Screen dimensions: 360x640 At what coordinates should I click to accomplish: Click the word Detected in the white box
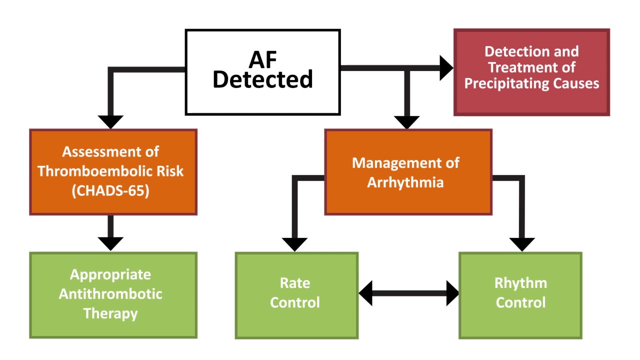(x=262, y=79)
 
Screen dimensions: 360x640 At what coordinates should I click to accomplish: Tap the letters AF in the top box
(x=262, y=59)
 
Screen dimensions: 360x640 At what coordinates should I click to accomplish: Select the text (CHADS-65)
(x=110, y=191)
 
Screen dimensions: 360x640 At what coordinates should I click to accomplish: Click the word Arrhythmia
(x=405, y=182)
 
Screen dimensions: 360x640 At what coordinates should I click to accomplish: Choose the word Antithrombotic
(x=110, y=293)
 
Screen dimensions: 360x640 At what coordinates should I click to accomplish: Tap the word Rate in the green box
(x=295, y=283)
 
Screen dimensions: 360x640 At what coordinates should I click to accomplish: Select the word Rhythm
(x=520, y=283)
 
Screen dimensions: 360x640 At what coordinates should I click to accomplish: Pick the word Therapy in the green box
(x=110, y=313)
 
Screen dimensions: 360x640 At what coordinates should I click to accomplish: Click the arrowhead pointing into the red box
(x=446, y=68)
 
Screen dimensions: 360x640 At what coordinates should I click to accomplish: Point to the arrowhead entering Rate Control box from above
(x=295, y=244)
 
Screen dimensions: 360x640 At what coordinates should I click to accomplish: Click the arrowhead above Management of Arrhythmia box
(x=406, y=122)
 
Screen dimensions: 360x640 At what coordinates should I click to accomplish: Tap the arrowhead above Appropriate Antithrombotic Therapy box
(x=110, y=243)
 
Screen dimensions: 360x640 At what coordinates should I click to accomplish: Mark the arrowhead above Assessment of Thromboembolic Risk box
(x=110, y=121)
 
